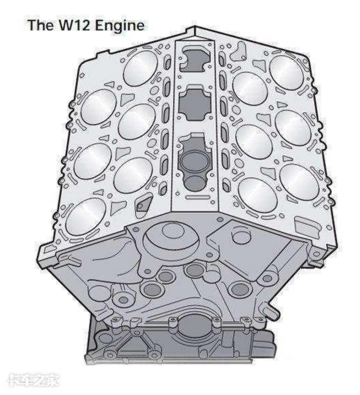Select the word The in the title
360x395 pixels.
[x=41, y=25]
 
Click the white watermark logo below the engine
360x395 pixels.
[x=34, y=380]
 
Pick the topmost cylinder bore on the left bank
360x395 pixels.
[x=140, y=68]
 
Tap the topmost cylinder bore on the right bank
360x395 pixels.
[x=286, y=73]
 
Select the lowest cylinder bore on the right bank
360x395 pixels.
[x=257, y=195]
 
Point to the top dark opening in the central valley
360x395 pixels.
[x=195, y=59]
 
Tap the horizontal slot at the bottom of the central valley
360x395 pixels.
[x=198, y=197]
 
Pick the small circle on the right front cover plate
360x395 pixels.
[x=241, y=236]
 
